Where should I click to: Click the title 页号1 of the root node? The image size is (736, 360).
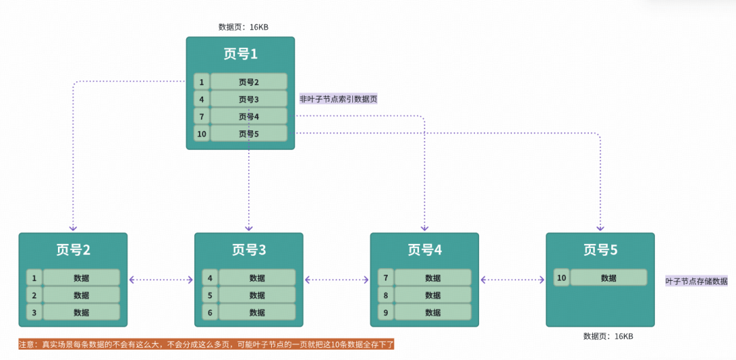[x=240, y=54]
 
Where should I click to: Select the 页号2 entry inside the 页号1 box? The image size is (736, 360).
[x=248, y=82]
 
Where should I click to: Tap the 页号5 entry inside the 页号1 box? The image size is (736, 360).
[x=248, y=134]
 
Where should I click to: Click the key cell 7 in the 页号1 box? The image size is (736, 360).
[x=202, y=117]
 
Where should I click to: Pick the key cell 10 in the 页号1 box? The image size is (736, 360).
[x=202, y=134]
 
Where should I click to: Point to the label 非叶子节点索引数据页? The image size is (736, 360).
[x=339, y=99]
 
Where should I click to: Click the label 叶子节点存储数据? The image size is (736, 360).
[x=696, y=281]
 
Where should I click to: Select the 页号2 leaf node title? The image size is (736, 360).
[x=73, y=250]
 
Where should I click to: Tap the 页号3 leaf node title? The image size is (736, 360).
[x=249, y=250]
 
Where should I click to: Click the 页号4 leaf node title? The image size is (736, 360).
[x=425, y=250]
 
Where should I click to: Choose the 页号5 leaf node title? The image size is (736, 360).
[x=600, y=250]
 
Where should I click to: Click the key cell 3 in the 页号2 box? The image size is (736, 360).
[x=34, y=312]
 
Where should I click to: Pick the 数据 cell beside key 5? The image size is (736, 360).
[x=257, y=295]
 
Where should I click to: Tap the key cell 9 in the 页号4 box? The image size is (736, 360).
[x=386, y=312]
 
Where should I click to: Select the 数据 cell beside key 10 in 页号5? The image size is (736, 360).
[x=609, y=278]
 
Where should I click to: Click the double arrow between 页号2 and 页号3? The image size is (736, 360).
[x=161, y=280]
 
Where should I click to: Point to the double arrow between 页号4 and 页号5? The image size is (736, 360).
[x=512, y=280]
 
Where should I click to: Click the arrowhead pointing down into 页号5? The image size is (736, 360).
[x=600, y=228]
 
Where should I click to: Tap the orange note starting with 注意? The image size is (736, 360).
[x=206, y=345]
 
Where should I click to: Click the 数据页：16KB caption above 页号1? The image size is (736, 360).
[x=243, y=27]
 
